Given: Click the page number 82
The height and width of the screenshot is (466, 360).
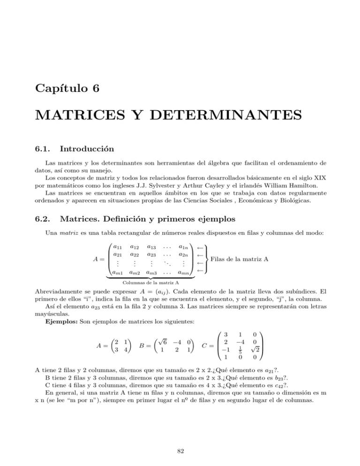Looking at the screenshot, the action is point(180,451).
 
